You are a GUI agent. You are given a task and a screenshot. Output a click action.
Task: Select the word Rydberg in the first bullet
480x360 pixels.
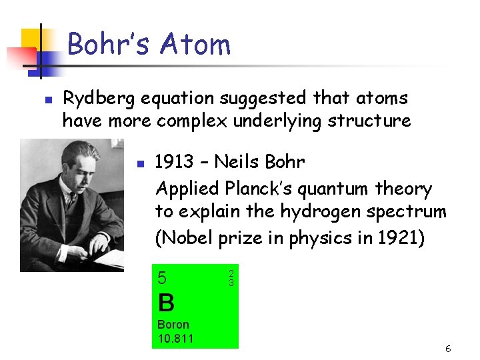point(99,99)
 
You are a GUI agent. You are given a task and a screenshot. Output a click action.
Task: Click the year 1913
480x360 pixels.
point(174,162)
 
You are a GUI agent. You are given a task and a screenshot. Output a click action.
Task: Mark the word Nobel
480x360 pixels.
point(189,237)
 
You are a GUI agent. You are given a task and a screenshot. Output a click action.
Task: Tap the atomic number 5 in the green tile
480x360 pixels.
point(162,277)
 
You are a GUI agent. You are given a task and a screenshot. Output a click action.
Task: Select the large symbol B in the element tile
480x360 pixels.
point(166,303)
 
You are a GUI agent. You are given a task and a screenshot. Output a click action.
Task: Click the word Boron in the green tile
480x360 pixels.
point(173,325)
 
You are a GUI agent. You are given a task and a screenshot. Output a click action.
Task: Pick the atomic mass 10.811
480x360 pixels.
point(175,339)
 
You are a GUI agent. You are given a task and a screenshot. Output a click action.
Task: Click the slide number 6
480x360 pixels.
point(448,349)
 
